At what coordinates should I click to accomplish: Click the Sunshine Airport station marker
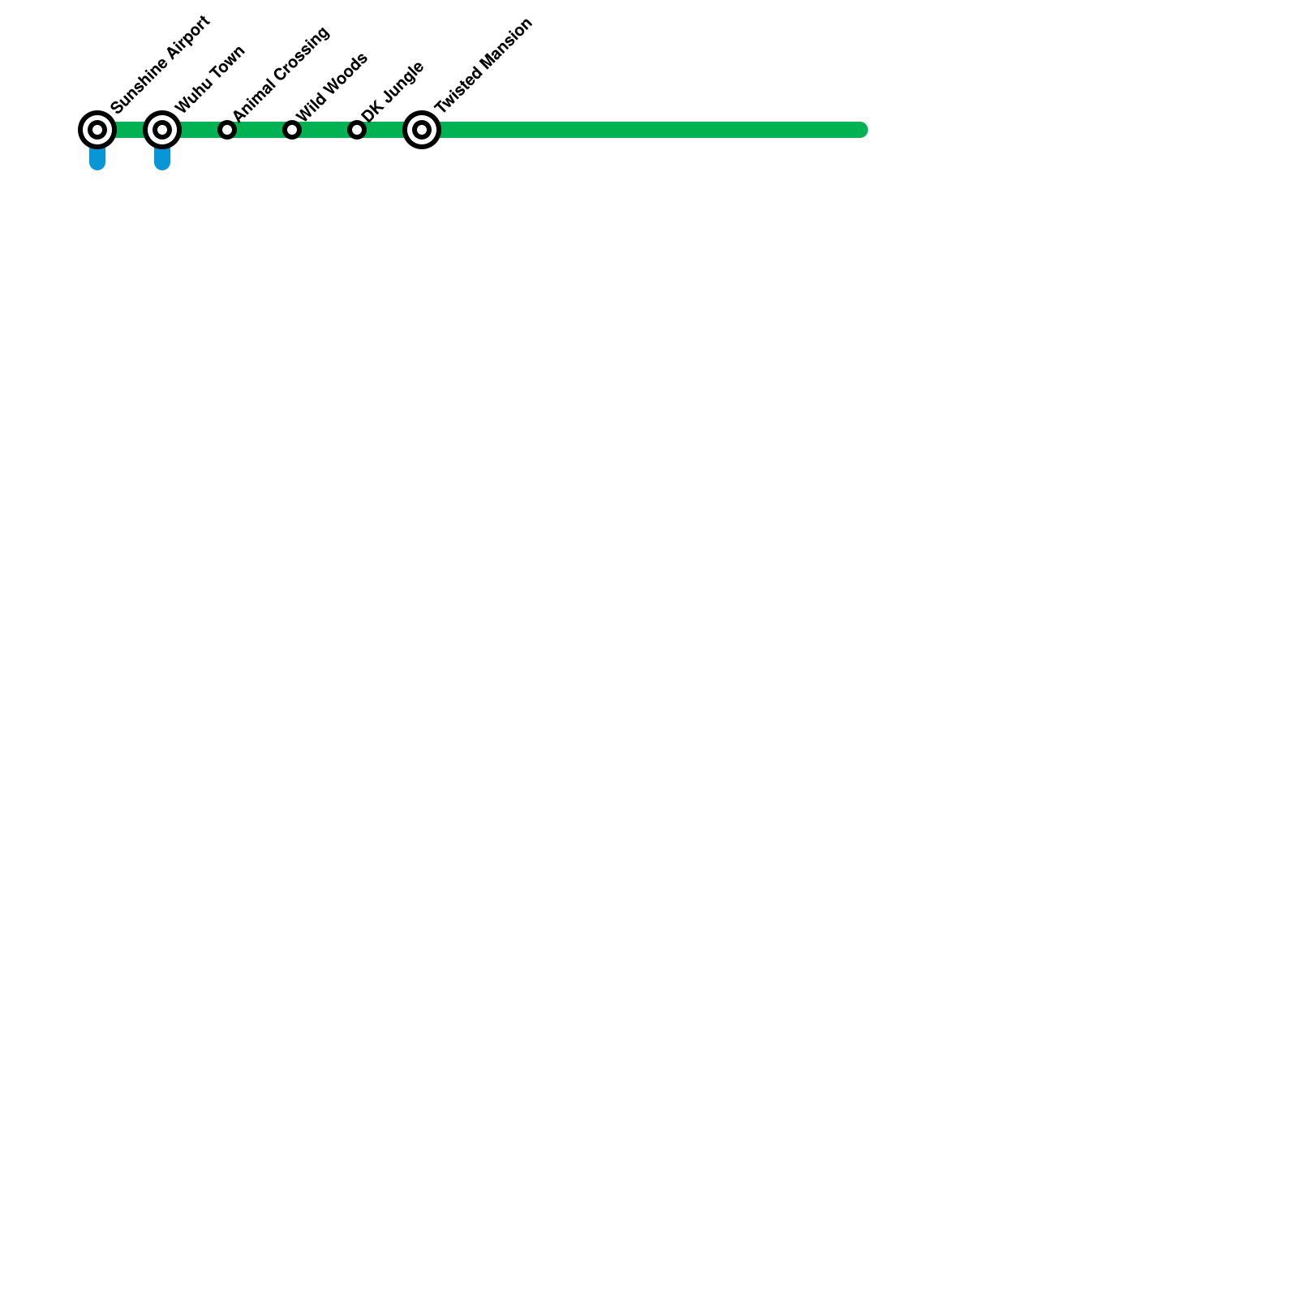pos(97,130)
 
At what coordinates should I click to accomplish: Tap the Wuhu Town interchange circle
pos(162,130)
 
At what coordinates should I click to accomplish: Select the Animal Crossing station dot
pos(227,130)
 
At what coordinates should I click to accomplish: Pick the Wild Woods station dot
pos(292,130)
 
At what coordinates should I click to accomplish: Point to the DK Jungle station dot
pos(357,130)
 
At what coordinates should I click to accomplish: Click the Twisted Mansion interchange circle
pos(422,130)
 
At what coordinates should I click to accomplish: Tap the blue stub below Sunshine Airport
pos(97,159)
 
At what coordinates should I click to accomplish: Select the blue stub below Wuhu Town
pos(162,159)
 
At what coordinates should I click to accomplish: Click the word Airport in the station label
pos(190,37)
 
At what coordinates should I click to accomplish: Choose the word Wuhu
pos(191,96)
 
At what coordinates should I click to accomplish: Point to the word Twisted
pos(457,92)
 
